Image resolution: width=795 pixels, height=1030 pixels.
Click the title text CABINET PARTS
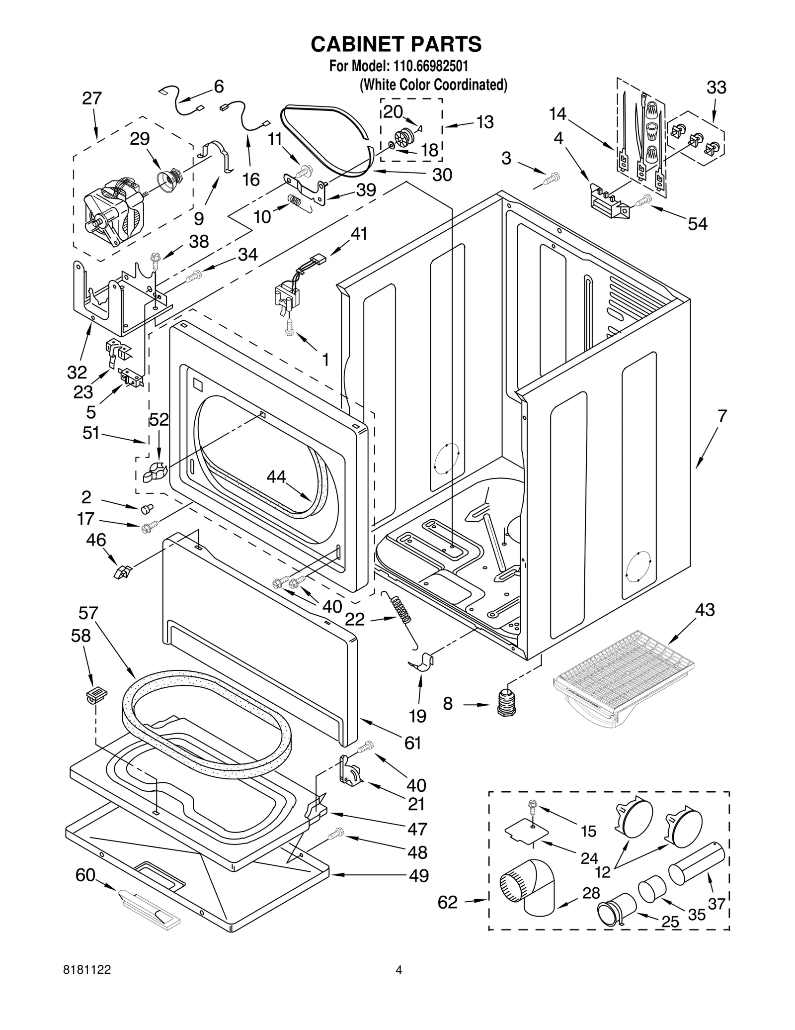tap(396, 44)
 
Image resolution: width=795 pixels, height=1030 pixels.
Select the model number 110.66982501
tap(431, 66)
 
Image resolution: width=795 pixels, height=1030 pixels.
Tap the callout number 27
tap(92, 98)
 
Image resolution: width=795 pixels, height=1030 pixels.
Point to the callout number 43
tap(705, 610)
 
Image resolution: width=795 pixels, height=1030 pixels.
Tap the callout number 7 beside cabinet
tap(721, 415)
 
